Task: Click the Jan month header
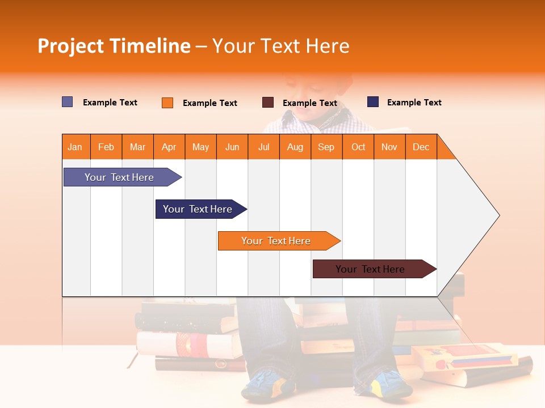click(x=76, y=147)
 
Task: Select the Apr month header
click(x=169, y=147)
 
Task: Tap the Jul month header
click(x=263, y=147)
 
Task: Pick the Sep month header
click(x=326, y=147)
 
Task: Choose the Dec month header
click(x=421, y=147)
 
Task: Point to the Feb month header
click(x=106, y=147)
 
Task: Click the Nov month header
click(x=389, y=147)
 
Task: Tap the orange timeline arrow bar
click(x=276, y=241)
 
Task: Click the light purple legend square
click(x=68, y=102)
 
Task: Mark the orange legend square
click(x=167, y=103)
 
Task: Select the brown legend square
click(x=268, y=103)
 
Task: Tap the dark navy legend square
click(x=373, y=102)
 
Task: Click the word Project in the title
click(x=71, y=46)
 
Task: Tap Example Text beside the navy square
click(x=414, y=103)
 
